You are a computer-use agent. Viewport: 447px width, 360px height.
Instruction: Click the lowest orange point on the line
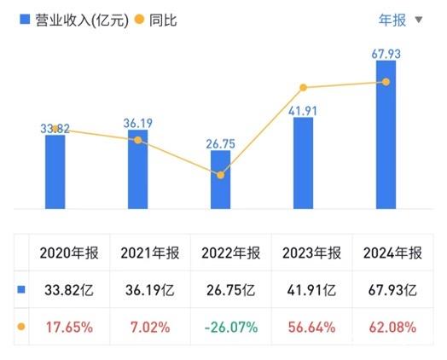[x=220, y=175]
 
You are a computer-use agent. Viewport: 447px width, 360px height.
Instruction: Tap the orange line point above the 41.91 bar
[x=303, y=87]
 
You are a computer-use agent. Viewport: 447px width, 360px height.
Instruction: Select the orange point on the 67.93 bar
[x=386, y=82]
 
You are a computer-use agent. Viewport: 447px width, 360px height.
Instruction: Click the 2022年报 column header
[x=232, y=253]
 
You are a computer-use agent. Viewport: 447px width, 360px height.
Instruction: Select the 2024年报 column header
[x=392, y=253]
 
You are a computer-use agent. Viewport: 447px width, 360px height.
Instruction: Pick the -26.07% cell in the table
[x=232, y=326]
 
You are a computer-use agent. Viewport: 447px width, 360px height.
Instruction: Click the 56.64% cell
[x=312, y=326]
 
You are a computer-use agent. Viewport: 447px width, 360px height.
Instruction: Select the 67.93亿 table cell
[x=392, y=290]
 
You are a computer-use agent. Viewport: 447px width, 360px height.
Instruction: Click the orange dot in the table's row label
[x=21, y=326]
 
